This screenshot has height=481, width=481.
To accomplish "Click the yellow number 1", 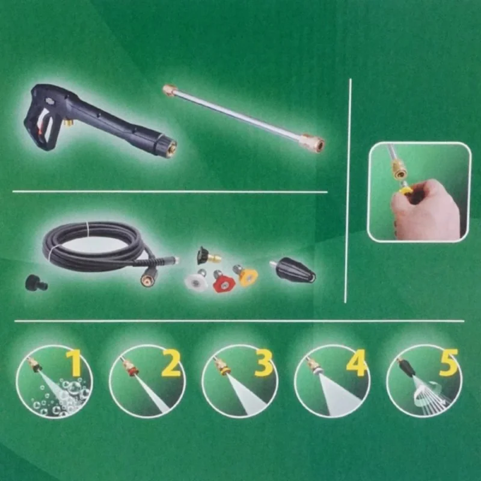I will click(73, 363).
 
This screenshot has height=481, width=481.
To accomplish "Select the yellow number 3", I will click(263, 363).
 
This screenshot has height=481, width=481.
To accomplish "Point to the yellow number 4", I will click(356, 363).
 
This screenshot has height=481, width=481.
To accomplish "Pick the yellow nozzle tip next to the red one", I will click(247, 275).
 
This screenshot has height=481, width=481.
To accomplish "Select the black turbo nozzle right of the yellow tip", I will click(294, 272).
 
